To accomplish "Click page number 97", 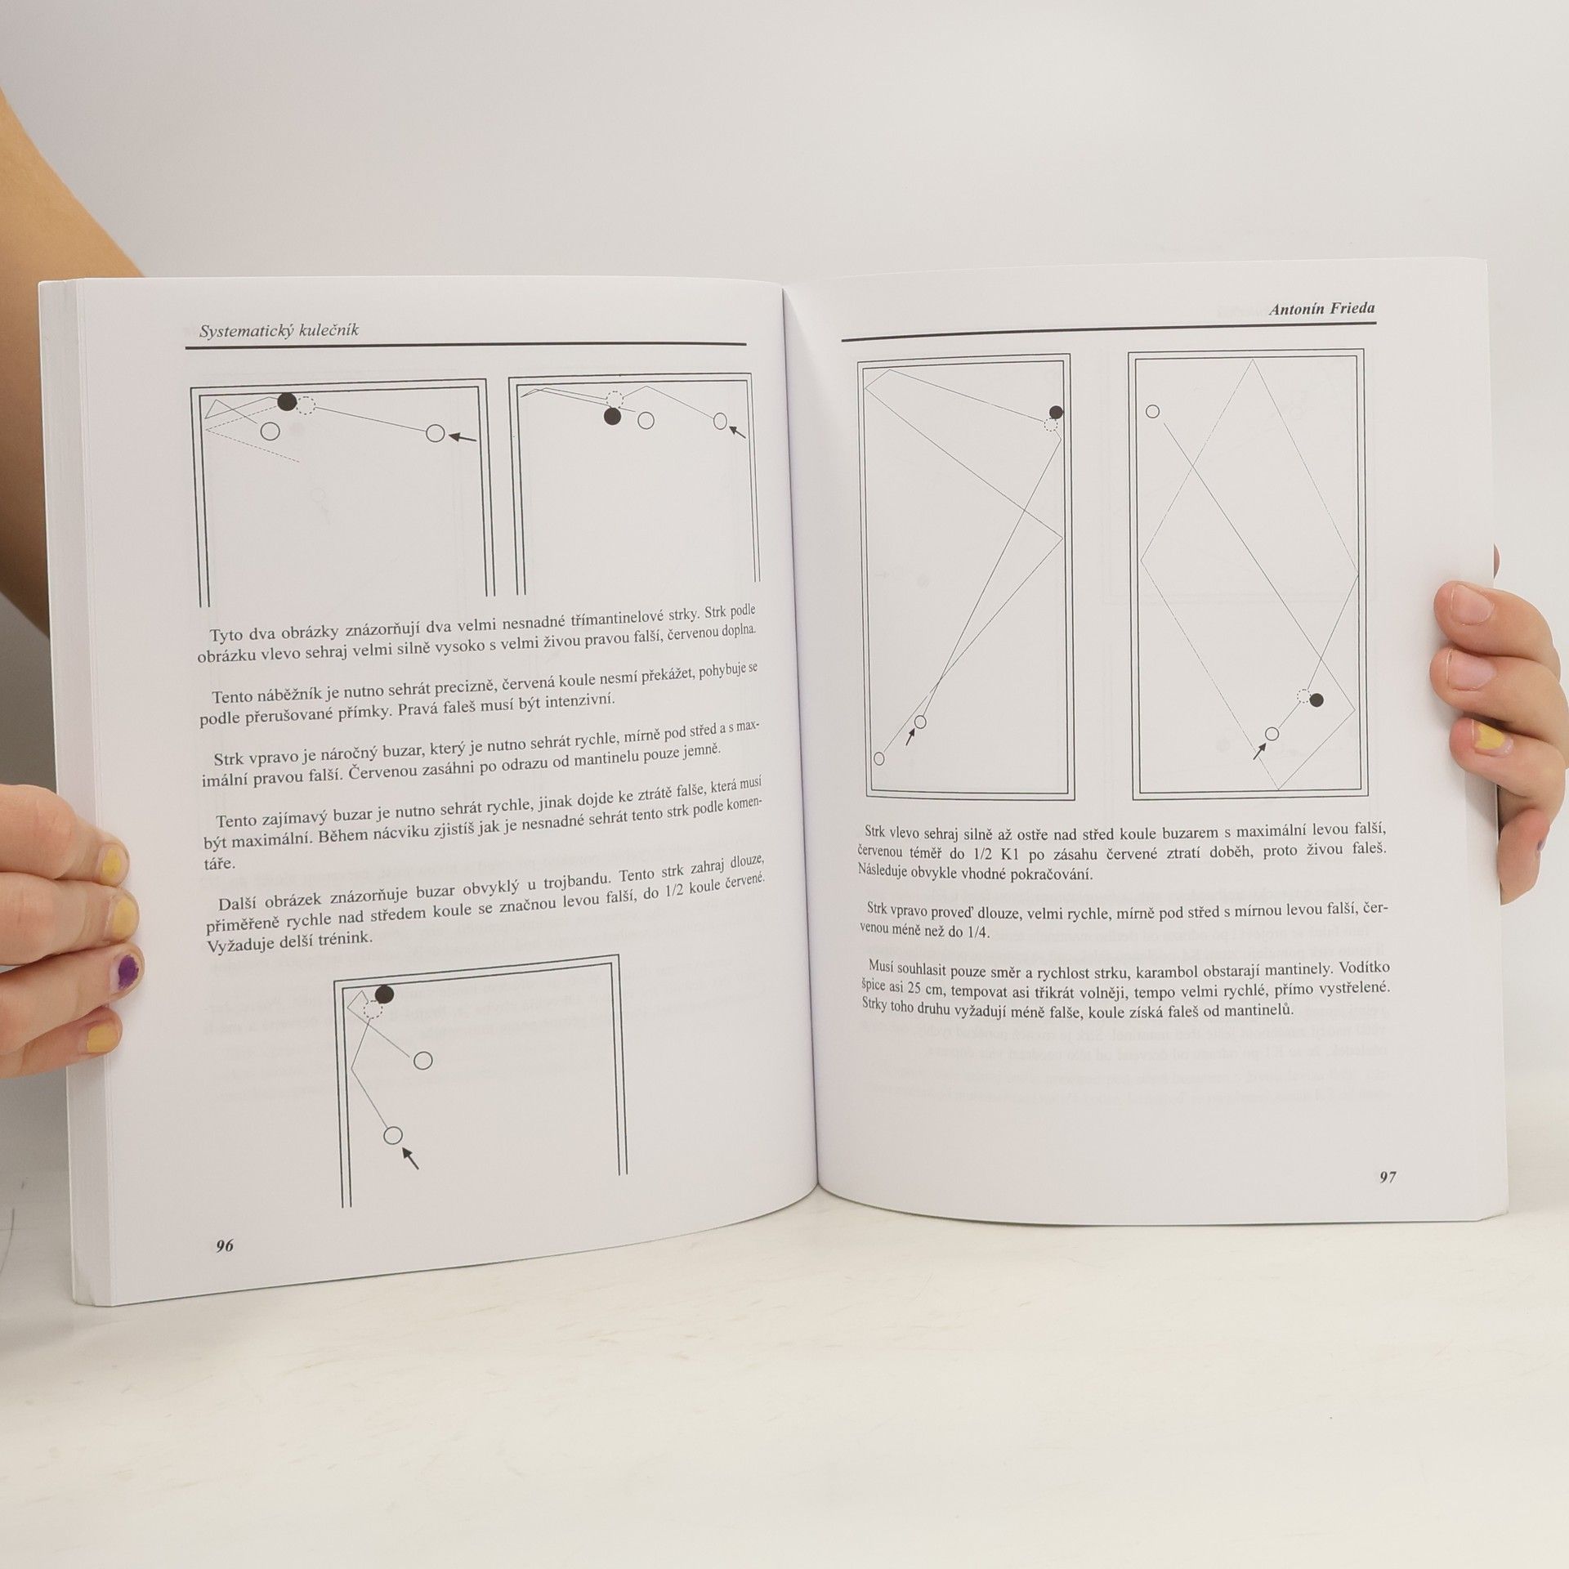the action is (x=1388, y=1178).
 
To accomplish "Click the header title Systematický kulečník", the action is (x=279, y=330).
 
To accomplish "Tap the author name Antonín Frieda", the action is (x=1321, y=308).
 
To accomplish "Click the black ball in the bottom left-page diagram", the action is (x=383, y=994).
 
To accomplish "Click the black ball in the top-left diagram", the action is (x=286, y=401).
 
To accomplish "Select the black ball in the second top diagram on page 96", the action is (x=611, y=417).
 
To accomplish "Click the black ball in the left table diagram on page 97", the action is (x=1056, y=412).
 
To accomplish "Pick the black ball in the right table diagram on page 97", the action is (x=1316, y=700).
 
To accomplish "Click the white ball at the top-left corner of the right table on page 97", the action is (x=1152, y=411).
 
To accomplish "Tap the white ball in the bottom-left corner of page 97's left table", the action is (x=878, y=758).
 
